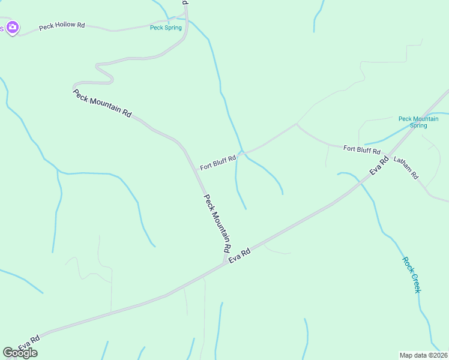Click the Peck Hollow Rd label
pyautogui.click(x=62, y=26)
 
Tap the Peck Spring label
pyautogui.click(x=165, y=28)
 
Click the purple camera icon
pyautogui.click(x=13, y=28)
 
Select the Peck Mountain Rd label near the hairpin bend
pyautogui.click(x=102, y=103)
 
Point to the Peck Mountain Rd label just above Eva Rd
pyautogui.click(x=217, y=223)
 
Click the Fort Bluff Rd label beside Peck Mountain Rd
pyautogui.click(x=217, y=162)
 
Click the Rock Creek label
pyautogui.click(x=412, y=275)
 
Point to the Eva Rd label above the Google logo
pyautogui.click(x=29, y=343)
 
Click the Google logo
pyautogui.click(x=20, y=353)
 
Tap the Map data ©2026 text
pyautogui.click(x=423, y=355)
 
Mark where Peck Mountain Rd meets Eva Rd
pyautogui.click(x=225, y=262)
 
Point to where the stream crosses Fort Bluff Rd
pyautogui.click(x=241, y=152)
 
